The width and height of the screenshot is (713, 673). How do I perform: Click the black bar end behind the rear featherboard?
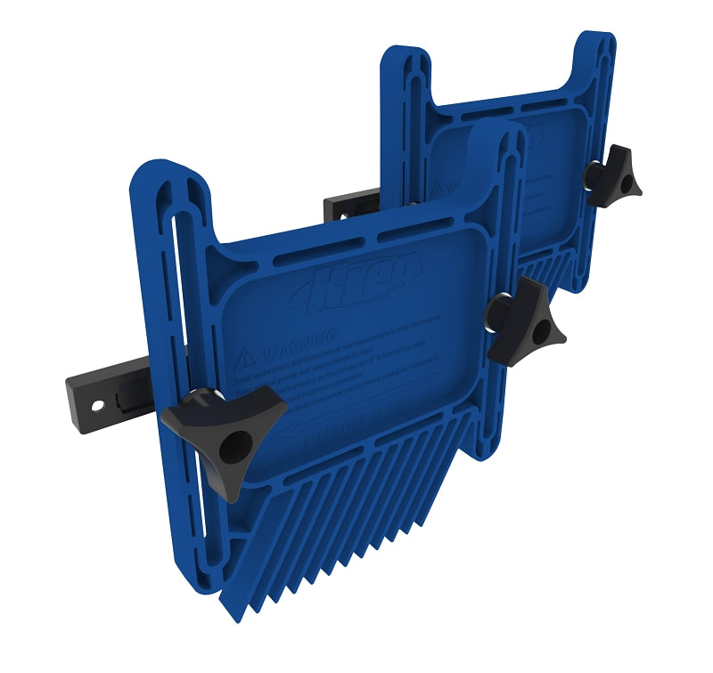(342, 207)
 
